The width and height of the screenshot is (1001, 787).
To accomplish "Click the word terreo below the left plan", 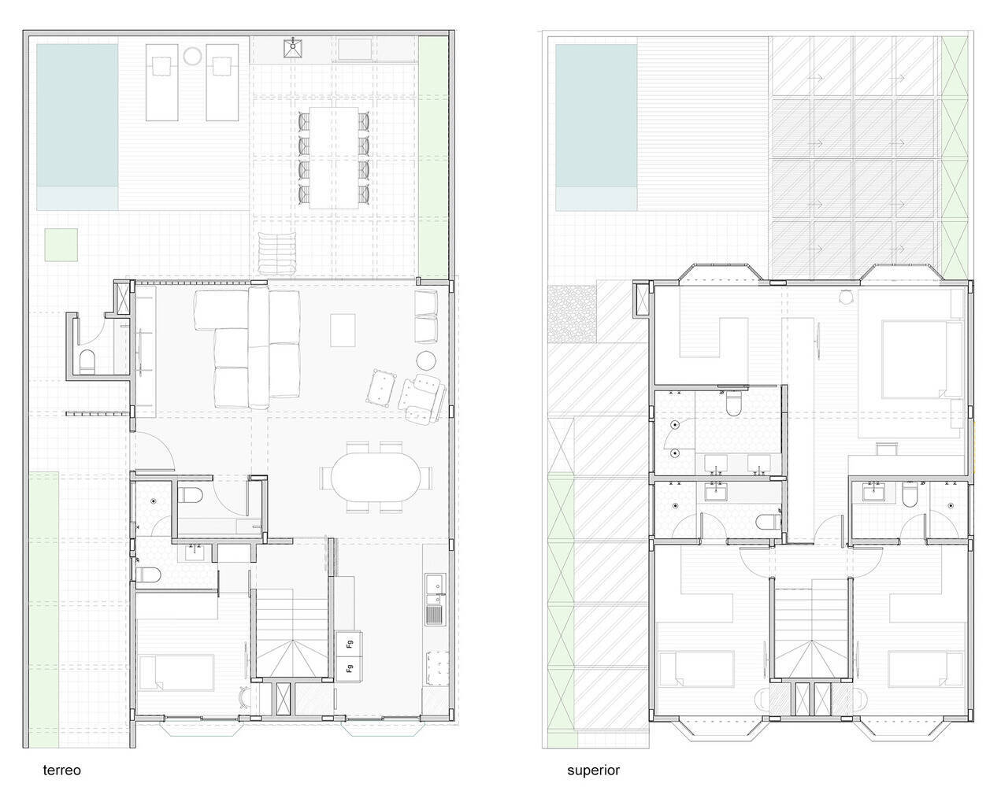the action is click(x=62, y=770).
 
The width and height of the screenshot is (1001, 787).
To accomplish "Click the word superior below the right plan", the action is click(x=593, y=770).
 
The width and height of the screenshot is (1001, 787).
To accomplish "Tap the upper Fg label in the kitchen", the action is click(x=350, y=645).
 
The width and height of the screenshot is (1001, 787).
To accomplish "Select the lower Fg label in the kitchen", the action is click(x=350, y=669).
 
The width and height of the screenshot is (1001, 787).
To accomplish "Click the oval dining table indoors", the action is click(x=376, y=477).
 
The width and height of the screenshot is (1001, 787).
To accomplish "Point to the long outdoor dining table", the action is click(x=334, y=158).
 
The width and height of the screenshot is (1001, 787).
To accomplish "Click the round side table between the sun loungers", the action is click(x=192, y=56).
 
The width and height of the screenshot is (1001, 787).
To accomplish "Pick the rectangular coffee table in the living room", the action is click(x=343, y=330).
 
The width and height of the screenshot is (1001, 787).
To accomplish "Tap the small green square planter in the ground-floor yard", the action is click(x=61, y=245).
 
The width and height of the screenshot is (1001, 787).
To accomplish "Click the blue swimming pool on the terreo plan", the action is click(x=77, y=127).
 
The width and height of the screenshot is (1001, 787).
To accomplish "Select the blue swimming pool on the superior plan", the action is click(x=596, y=127).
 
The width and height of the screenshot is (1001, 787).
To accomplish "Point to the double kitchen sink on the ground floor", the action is click(x=436, y=583).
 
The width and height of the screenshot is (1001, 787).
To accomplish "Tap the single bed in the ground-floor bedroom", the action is click(x=176, y=672).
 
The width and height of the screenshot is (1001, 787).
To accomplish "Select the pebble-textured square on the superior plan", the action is click(x=572, y=314).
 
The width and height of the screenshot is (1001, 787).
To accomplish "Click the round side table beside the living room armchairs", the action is click(x=425, y=360).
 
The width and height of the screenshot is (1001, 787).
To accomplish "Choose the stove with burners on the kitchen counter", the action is click(x=436, y=668).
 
